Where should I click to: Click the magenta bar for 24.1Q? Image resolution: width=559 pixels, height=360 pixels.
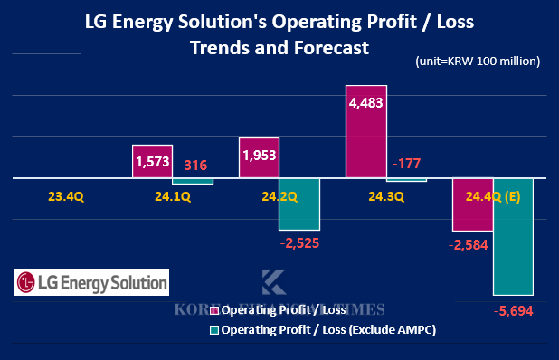click(152, 162)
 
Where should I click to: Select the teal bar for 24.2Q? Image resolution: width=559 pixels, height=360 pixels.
click(299, 204)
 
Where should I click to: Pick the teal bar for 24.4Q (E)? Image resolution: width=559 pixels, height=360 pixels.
click(513, 236)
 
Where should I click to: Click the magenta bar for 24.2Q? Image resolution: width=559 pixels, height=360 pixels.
click(259, 158)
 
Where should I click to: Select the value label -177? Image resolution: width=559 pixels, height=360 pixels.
click(407, 163)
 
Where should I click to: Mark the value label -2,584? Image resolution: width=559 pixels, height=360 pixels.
click(469, 245)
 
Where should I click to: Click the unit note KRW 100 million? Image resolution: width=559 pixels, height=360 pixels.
click(478, 62)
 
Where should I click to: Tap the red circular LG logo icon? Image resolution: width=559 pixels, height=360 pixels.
click(29, 282)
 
